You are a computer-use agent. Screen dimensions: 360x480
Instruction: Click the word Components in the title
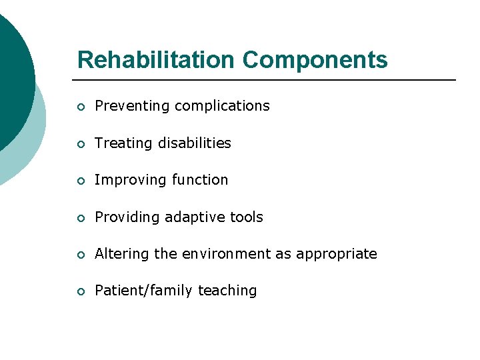(x=315, y=60)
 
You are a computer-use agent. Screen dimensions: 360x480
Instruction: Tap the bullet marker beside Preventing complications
(x=81, y=107)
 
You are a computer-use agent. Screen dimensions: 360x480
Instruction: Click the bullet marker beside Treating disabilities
(x=81, y=144)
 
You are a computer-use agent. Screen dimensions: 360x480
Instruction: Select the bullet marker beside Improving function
(x=81, y=181)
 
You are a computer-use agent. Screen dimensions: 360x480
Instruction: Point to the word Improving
(x=130, y=180)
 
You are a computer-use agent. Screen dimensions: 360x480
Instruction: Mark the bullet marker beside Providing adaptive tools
(x=81, y=218)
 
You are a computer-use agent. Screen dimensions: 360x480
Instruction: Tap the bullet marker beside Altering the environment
(x=81, y=255)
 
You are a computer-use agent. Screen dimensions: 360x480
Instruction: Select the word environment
(x=221, y=254)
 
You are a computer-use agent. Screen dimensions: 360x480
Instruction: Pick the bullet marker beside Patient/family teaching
(x=81, y=291)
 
